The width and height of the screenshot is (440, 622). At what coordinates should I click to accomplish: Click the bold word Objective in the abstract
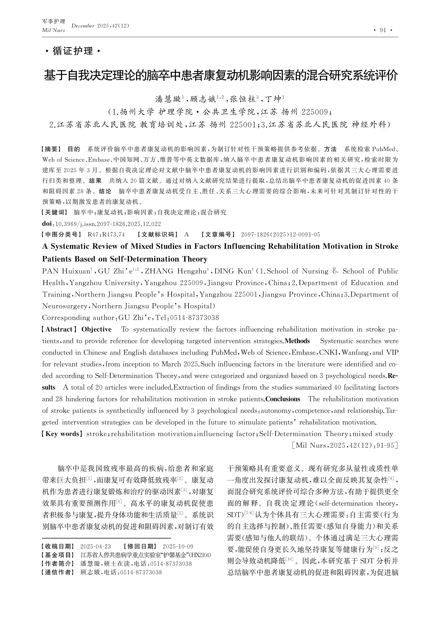(x=96, y=329)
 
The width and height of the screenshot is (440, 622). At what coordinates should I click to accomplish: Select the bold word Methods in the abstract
(x=297, y=341)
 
